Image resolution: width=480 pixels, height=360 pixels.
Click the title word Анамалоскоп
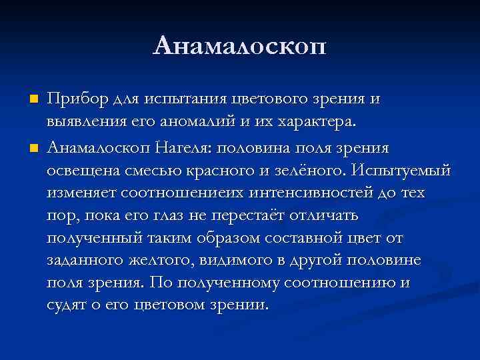(240, 46)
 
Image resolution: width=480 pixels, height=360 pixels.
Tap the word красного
(217, 170)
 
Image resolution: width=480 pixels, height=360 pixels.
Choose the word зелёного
(303, 170)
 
